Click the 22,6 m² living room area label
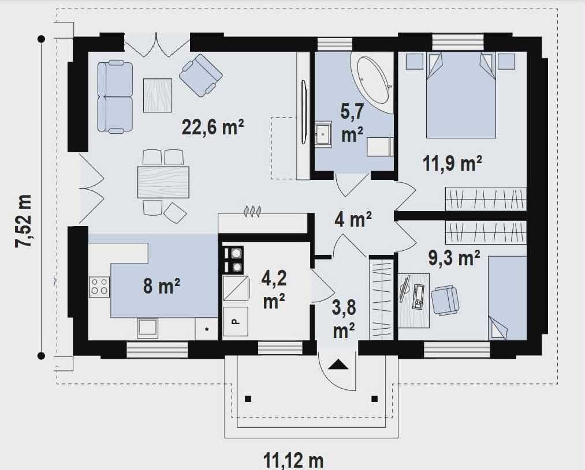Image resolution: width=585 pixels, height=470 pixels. coord(213,127)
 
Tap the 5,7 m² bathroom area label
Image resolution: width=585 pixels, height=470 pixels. coord(352,123)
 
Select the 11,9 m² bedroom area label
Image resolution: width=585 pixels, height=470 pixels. coord(452,163)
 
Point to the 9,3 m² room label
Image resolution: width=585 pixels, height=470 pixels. coord(454,258)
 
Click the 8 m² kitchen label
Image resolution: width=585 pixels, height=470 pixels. coord(161,286)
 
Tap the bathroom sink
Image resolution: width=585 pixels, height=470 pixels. coord(323,134)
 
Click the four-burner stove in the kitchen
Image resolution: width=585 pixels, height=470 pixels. coord(99,287)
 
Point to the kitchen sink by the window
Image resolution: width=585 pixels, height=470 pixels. coord(147,328)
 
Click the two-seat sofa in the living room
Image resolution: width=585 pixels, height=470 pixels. coord(115,97)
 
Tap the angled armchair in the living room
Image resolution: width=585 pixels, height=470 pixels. coord(201,75)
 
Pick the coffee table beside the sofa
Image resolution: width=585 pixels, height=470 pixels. coord(158,95)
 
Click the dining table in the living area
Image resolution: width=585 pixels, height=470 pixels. coord(163,182)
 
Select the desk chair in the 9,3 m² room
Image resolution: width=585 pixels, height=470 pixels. coord(445,300)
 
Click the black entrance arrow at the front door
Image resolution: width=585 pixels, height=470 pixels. coord(338,364)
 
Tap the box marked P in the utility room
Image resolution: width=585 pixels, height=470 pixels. coord(236,322)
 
